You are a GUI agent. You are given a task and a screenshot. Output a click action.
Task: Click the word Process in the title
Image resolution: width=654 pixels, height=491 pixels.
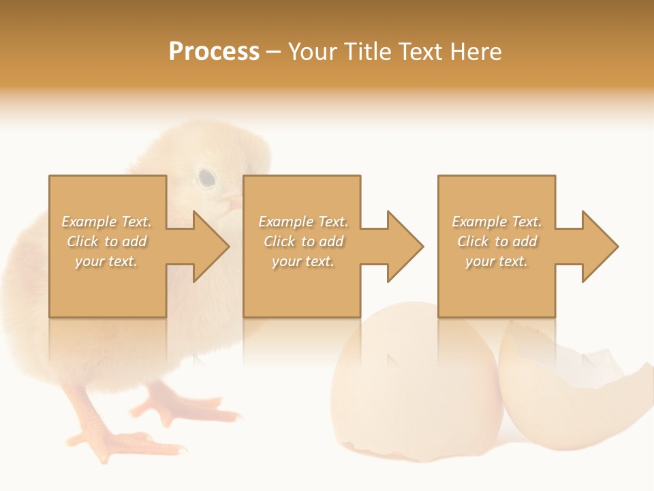tap(214, 52)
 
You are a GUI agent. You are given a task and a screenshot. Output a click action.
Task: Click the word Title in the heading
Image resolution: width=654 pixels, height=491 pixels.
tap(367, 52)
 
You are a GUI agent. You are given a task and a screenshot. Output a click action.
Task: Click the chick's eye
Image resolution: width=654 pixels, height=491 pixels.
tap(206, 178)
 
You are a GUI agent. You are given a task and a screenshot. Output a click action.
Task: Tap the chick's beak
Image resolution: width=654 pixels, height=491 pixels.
tap(234, 203)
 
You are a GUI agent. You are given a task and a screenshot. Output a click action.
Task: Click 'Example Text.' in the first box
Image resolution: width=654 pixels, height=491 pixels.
tap(107, 222)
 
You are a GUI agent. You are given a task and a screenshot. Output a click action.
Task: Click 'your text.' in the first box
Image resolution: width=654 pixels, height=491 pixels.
tap(107, 261)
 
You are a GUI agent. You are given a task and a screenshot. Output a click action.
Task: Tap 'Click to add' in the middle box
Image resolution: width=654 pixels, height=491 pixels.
tap(303, 241)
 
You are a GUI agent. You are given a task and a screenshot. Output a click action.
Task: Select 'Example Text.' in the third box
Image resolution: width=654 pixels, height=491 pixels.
tap(497, 222)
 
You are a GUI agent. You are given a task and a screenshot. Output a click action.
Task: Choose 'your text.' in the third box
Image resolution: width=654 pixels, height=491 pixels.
tap(497, 261)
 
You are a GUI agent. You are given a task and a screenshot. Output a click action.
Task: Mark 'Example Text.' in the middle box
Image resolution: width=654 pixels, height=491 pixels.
tap(303, 222)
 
